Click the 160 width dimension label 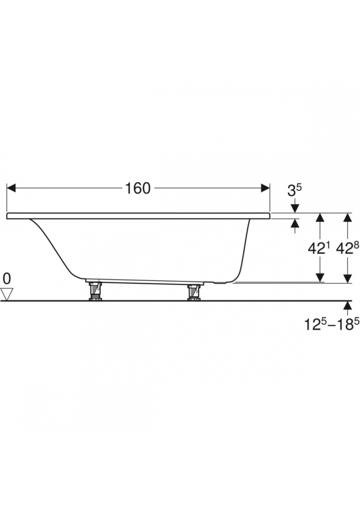point(138,188)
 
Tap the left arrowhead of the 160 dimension point(11,188)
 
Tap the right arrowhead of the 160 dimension point(265,188)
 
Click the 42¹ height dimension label point(319,249)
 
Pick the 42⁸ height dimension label point(348,249)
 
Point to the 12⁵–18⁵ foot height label point(329,325)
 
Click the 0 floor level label point(7,279)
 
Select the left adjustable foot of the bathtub point(95,291)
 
